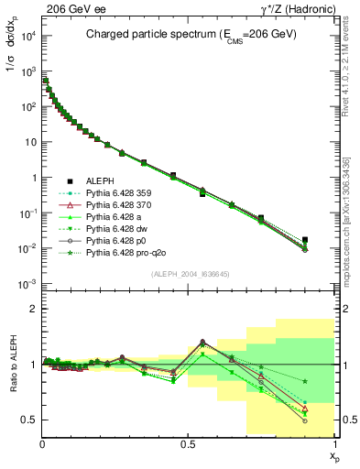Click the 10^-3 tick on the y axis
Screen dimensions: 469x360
point(29,284)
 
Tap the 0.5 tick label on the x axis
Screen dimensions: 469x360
point(187,442)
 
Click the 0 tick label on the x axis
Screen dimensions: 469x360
point(42,442)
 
